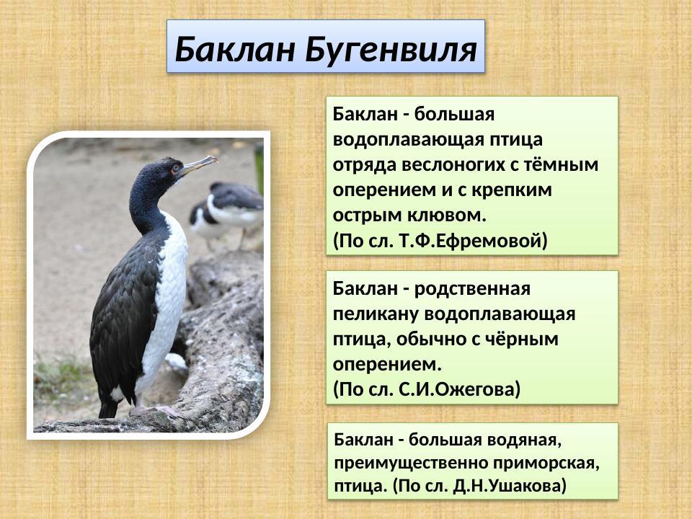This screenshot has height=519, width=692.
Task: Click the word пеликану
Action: point(376,314)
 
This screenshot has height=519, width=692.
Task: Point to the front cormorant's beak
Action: point(198,165)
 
